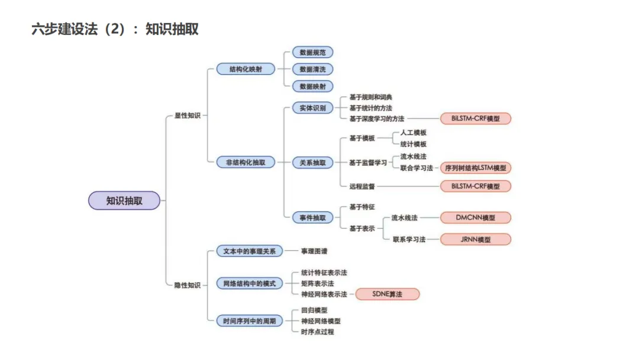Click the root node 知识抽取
point(124,201)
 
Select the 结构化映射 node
point(246,69)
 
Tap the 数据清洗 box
point(312,69)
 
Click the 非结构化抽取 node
point(246,162)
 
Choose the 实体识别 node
point(312,108)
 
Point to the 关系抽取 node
point(312,162)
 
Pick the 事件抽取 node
point(312,217)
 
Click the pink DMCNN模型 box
point(475,218)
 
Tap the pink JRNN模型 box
point(475,240)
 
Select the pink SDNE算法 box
point(387,294)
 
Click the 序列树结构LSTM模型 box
point(475,168)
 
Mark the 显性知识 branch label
point(187,115)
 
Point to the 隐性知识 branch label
point(187,285)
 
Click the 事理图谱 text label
point(314,251)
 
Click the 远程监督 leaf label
point(362,187)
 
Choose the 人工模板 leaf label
point(413,133)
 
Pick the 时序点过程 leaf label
point(317,332)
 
